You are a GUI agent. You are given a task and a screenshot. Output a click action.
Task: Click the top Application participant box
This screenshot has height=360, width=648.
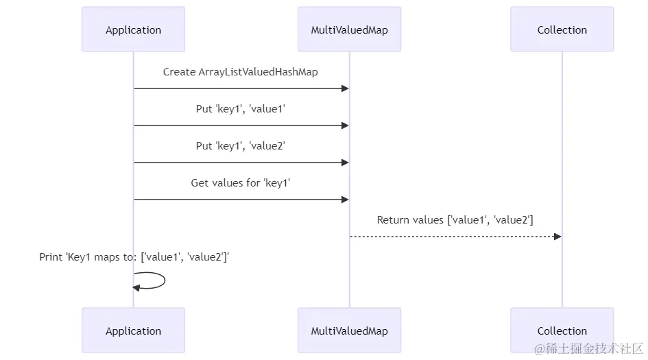(133, 29)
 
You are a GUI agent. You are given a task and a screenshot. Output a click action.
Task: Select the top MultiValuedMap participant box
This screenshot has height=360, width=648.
(349, 29)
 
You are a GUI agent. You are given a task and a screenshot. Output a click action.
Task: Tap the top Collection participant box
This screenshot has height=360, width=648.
(562, 29)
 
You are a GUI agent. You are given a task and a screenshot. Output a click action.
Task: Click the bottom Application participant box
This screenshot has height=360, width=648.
(133, 331)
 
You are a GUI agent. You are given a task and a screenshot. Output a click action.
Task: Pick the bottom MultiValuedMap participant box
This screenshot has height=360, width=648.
(349, 331)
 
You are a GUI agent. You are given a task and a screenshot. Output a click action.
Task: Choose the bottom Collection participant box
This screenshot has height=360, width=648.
(562, 331)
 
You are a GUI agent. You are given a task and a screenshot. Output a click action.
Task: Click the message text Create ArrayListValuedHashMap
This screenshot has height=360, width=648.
(241, 72)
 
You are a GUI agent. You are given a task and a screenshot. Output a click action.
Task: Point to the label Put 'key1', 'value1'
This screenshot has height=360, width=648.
(241, 109)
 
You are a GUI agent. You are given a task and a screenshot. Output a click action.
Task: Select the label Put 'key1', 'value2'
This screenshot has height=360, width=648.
(241, 146)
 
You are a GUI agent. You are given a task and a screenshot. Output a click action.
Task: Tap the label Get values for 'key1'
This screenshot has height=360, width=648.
(241, 182)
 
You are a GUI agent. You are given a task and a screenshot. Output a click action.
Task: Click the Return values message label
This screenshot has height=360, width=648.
(455, 220)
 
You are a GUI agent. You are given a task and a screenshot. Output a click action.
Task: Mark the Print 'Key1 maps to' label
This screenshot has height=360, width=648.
(134, 257)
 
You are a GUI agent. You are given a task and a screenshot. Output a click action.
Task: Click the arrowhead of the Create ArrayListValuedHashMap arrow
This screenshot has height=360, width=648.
(345, 88)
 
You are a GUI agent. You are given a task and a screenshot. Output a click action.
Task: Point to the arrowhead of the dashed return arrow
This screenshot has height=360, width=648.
(557, 237)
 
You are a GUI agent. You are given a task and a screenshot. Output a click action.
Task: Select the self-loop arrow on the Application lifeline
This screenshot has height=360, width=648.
(165, 280)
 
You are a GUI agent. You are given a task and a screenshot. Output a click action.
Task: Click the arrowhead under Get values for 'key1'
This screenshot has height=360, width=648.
(345, 200)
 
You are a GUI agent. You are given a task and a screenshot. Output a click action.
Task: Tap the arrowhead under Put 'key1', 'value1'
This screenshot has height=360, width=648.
(345, 125)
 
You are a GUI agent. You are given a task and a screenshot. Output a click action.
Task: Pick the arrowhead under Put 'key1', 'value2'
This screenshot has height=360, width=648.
(345, 163)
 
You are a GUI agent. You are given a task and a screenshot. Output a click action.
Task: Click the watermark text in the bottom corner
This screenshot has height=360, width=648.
(588, 348)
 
